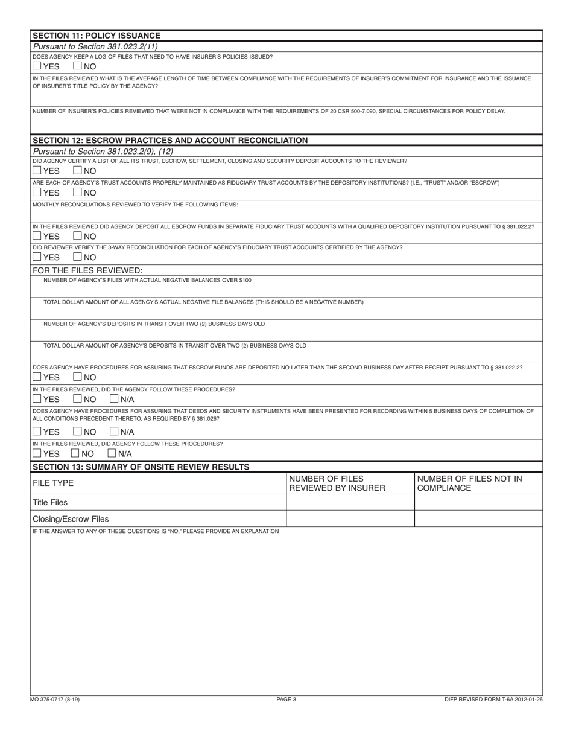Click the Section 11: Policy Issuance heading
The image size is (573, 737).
pyautogui.click(x=97, y=36)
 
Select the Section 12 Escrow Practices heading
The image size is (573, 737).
pyautogui.click(x=170, y=140)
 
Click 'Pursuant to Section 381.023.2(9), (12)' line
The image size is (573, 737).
pyautogui.click(x=95, y=151)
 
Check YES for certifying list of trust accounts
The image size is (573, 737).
pyautogui.click(x=37, y=171)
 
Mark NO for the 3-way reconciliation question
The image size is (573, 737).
pyautogui.click(x=78, y=257)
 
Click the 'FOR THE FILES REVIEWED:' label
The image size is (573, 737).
pyautogui.click(x=87, y=270)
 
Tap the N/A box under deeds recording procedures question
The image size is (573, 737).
pyautogui.click(x=114, y=432)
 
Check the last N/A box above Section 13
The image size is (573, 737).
pyautogui.click(x=112, y=453)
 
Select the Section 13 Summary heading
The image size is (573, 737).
pyautogui.click(x=141, y=467)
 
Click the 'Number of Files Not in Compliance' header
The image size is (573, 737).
pyautogui.click(x=469, y=483)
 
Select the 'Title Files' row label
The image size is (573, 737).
pyautogui.click(x=50, y=502)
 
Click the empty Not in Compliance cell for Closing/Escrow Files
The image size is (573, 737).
pyautogui.click(x=478, y=518)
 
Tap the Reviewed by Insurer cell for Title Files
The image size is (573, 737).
pyautogui.click(x=350, y=502)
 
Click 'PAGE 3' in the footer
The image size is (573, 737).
pyautogui.click(x=286, y=699)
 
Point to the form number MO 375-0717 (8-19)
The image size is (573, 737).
pyautogui.click(x=54, y=699)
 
